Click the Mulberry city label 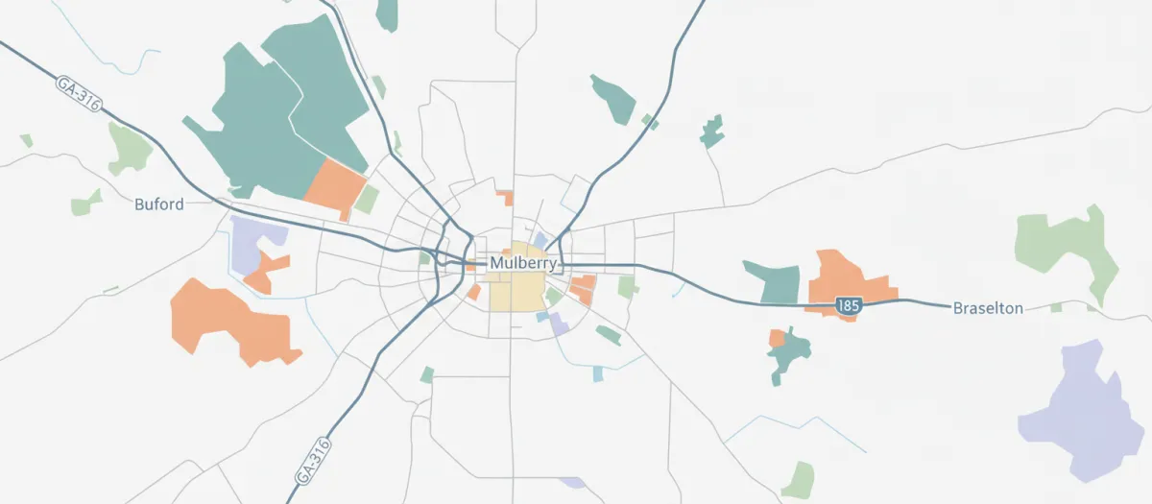(x=522, y=263)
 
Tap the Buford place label (x=158, y=204)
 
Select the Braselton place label (x=988, y=308)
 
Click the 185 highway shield (x=848, y=305)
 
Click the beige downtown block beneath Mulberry (x=516, y=288)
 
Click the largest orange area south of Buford (x=228, y=322)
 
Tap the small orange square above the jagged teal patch (x=777, y=338)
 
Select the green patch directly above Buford (x=129, y=149)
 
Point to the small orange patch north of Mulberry (x=505, y=198)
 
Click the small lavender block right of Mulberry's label (x=540, y=240)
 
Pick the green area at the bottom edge (x=798, y=479)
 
